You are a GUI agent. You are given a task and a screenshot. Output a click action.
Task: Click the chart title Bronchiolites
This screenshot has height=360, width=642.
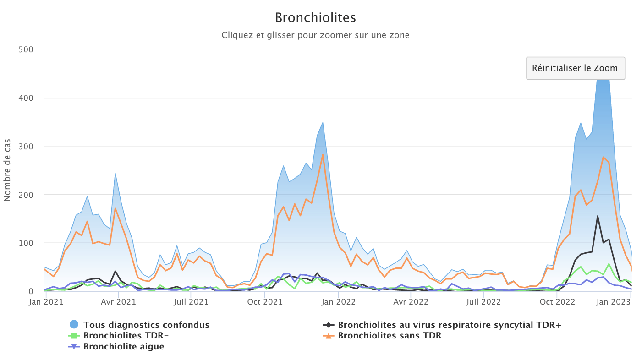315,18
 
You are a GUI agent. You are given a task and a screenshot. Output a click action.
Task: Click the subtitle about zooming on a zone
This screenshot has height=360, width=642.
315,35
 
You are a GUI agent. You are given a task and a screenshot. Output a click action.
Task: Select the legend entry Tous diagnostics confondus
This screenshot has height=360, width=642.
146,325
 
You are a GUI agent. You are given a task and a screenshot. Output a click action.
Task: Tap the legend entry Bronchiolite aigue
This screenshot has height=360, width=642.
124,346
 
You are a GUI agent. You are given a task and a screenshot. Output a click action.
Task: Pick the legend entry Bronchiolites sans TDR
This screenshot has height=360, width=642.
390,335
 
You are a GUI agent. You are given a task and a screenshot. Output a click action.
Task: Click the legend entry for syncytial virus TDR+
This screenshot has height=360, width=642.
450,325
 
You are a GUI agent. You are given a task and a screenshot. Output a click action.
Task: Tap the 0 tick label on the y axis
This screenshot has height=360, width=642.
31,291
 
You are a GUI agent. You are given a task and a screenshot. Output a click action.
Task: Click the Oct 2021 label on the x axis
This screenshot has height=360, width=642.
264,302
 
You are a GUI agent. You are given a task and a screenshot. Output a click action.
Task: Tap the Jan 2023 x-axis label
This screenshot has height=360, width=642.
615,302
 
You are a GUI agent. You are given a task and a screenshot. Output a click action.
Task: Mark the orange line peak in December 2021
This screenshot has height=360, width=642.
323,154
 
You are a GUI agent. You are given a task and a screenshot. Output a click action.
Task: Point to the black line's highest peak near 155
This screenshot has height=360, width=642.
598,216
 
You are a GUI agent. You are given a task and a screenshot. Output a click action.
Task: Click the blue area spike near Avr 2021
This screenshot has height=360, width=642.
115,173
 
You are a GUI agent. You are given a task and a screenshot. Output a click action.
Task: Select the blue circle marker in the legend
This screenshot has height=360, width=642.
74,325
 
